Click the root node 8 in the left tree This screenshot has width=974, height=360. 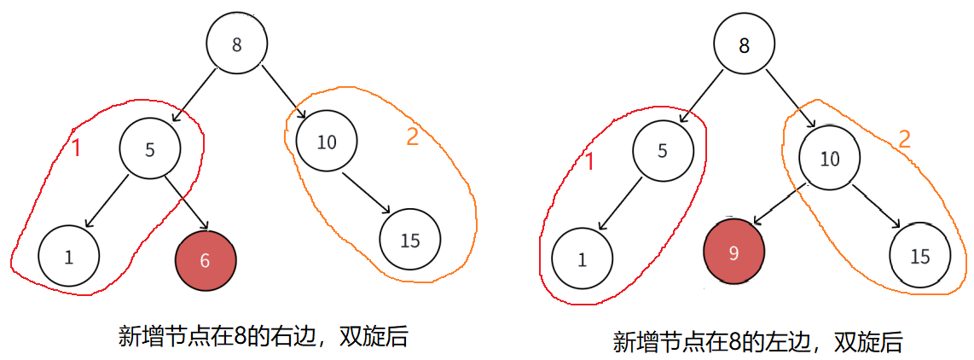coord(236,46)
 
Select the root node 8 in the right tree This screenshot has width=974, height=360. coord(744,46)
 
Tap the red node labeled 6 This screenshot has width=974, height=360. coord(205,261)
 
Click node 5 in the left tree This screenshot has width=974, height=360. coord(150,149)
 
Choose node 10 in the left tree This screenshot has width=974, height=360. coord(327,142)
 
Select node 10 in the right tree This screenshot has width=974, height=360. coord(829,158)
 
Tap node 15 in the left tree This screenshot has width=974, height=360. coord(410,240)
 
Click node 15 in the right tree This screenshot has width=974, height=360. coord(920,256)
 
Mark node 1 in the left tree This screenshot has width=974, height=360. coord(68,256)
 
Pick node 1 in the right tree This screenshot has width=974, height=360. coord(582,260)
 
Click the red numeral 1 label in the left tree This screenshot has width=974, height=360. coord(75,148)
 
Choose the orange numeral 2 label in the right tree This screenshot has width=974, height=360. coord(904,139)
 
